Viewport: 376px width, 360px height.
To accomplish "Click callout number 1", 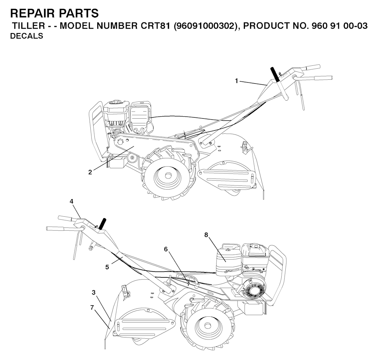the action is pos(236,81).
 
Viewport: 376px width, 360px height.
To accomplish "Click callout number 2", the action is pos(90,172).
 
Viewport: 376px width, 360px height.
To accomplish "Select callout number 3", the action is pos(94,292).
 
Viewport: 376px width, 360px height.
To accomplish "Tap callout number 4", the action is pos(72,201).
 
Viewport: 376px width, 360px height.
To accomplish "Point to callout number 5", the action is pos(107,267).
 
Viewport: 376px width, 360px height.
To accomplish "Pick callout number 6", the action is pos(166,249).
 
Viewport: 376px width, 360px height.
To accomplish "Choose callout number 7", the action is pos(92,307).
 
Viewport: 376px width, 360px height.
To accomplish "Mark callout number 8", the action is pos(206,235).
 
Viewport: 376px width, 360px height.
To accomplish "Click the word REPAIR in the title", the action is pos(32,13).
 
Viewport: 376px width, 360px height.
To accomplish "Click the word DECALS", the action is pos(26,36).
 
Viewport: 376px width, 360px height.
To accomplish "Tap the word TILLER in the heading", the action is pos(28,26).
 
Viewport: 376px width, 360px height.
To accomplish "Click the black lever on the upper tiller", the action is pos(275,74).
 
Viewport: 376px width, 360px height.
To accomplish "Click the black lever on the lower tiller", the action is pos(102,224).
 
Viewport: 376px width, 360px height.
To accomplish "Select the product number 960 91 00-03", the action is pos(339,26).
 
